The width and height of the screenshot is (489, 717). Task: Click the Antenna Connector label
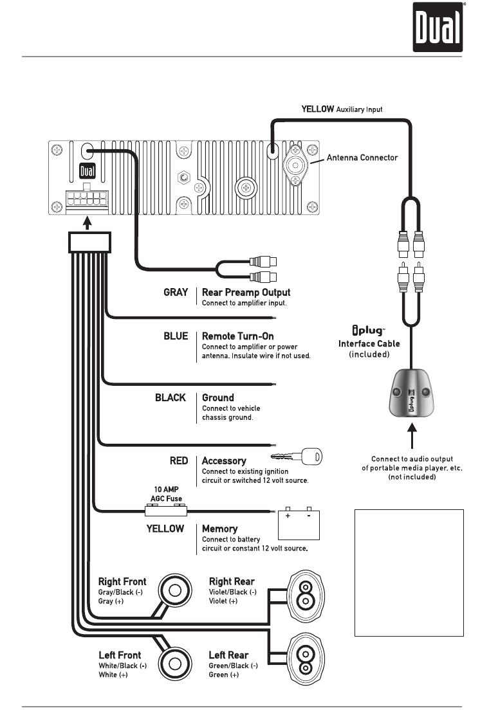362,158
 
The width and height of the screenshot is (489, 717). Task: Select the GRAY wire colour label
176,292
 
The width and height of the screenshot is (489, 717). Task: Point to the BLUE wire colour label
176,336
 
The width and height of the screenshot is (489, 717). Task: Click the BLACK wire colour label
171,398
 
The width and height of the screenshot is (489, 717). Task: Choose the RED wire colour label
178,461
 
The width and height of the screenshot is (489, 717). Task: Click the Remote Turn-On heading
237,336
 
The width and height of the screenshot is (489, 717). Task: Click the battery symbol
299,525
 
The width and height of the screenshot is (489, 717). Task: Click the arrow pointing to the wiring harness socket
89,222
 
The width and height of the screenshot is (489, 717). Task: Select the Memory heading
219,529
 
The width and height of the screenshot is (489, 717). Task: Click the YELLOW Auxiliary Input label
342,109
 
